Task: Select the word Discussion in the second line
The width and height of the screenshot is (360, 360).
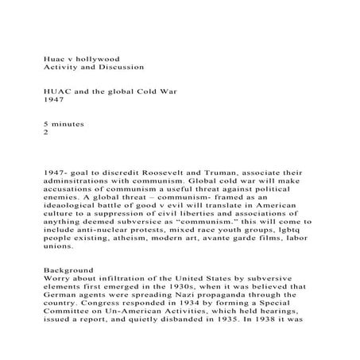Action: [x=123, y=69]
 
